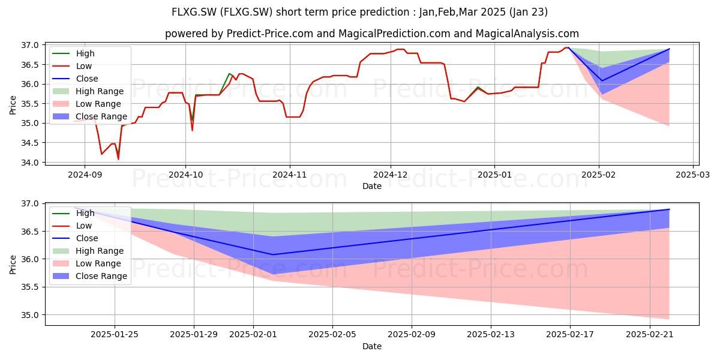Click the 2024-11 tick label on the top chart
pyautogui.click(x=290, y=175)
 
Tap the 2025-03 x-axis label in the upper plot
pyautogui.click(x=692, y=175)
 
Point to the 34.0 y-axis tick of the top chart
pyautogui.click(x=30, y=163)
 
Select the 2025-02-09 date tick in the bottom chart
pyautogui.click(x=412, y=334)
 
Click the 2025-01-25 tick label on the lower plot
pyautogui.click(x=115, y=334)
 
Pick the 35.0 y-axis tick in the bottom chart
pyautogui.click(x=30, y=315)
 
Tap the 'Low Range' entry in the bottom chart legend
pyautogui.click(x=87, y=263)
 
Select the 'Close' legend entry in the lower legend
pyautogui.click(x=75, y=238)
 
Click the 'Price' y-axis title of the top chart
pyautogui.click(x=13, y=105)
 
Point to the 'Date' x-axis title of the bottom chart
pyautogui.click(x=372, y=346)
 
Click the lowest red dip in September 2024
pyautogui.click(x=118, y=160)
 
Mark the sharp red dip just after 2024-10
pyautogui.click(x=192, y=131)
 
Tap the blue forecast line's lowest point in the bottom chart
pyautogui.click(x=273, y=254)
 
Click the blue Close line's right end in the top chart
pyautogui.click(x=669, y=49)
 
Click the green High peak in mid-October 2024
pyautogui.click(x=229, y=74)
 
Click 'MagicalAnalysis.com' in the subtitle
pyautogui.click(x=527, y=34)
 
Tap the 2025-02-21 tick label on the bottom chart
pyautogui.click(x=650, y=334)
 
